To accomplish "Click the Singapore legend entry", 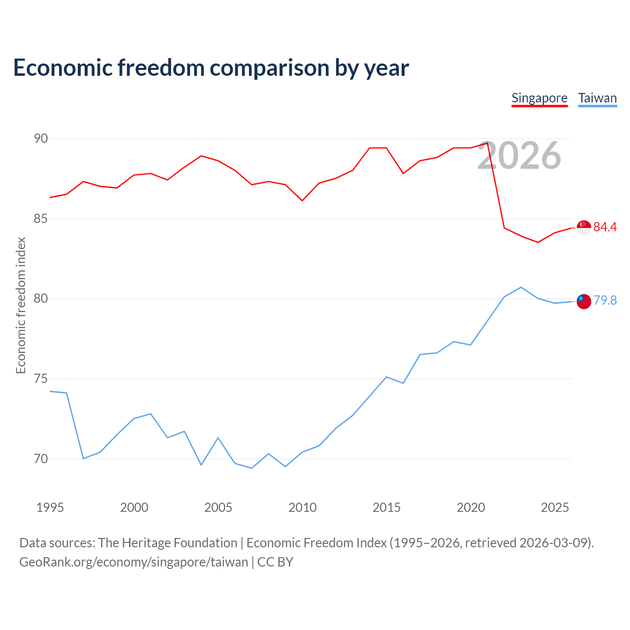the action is [539, 99].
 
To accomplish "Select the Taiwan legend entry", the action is [598, 99].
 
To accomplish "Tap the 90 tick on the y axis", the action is [41, 139].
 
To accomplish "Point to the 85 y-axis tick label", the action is [41, 219].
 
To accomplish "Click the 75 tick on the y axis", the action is [41, 378].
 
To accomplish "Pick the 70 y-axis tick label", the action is [41, 459].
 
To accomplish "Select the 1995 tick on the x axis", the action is [50, 507].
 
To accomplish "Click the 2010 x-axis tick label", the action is [302, 507].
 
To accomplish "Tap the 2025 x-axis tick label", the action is [555, 507].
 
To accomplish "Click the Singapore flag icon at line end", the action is [584, 228].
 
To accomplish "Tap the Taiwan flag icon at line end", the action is [584, 301].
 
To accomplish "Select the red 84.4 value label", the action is [605, 227].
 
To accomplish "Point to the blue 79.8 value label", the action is [605, 300].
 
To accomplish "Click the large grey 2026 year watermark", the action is [519, 156].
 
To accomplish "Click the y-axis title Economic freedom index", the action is [21, 305].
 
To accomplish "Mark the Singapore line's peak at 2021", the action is [487, 143].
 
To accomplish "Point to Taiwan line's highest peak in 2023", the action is [521, 287].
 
